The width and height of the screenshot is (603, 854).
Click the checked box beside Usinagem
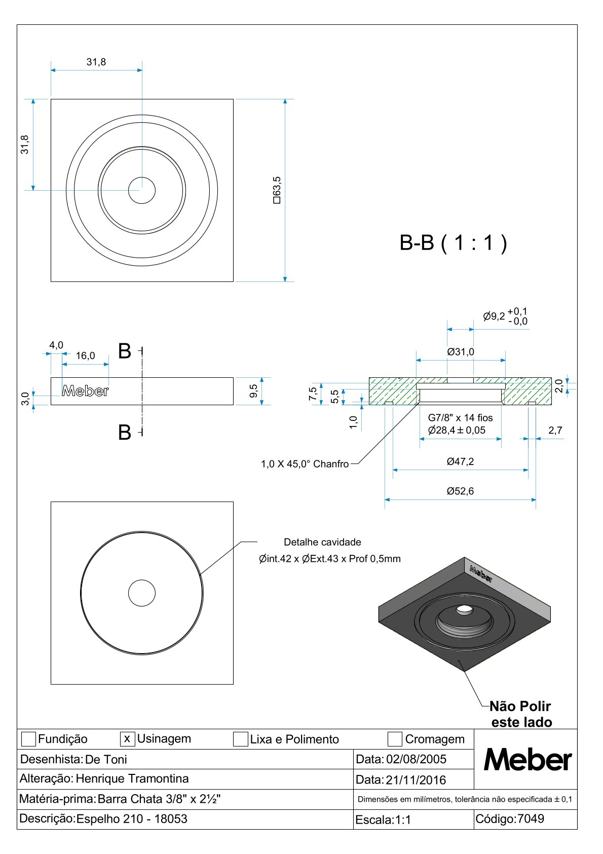(127, 739)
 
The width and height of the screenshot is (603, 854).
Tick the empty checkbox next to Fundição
(28, 739)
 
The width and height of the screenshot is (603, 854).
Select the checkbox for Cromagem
(395, 739)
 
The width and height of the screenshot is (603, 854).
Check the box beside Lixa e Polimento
(240, 739)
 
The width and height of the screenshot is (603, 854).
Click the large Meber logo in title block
(527, 760)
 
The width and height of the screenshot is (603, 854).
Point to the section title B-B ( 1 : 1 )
(453, 243)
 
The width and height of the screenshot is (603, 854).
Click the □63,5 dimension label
(277, 190)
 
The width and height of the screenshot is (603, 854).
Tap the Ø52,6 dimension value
(460, 491)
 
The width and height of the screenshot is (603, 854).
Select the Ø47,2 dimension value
(460, 461)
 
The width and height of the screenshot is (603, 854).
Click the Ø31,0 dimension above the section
(461, 352)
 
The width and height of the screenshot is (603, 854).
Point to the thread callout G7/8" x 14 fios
(460, 418)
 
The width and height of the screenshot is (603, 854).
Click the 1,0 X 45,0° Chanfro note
(305, 464)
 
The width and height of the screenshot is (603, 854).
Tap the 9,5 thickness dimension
(254, 391)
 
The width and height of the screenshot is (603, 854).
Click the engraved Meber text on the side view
(85, 391)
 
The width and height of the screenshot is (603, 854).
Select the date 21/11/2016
(416, 780)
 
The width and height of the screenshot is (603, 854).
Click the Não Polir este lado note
(521, 714)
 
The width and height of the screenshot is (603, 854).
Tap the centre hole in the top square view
(142, 190)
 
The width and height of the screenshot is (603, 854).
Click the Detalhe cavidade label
(322, 542)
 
